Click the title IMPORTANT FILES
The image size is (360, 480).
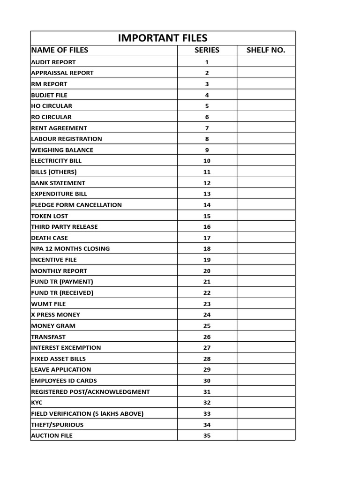point(163,38)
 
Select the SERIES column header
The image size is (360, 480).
point(207,50)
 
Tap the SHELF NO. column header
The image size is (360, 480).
point(266,50)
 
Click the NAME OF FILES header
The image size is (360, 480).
point(60,50)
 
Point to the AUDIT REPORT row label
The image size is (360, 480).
point(53,62)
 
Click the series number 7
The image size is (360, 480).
point(207,128)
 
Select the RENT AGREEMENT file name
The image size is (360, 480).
point(59,128)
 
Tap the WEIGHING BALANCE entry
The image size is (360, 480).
point(62,150)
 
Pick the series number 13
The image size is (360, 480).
point(207,194)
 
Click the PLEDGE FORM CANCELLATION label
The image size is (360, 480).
point(76,205)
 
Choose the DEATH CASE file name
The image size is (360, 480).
point(50,238)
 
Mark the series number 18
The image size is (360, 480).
point(207,249)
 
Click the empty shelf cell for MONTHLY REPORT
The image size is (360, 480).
point(266,270)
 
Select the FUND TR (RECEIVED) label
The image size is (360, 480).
point(62,292)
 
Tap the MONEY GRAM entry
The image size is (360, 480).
point(53,325)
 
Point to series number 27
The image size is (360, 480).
point(207,348)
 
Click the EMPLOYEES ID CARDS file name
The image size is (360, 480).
point(64,381)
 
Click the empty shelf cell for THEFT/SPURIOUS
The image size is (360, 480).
point(266,424)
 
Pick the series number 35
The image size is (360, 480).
point(207,435)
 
